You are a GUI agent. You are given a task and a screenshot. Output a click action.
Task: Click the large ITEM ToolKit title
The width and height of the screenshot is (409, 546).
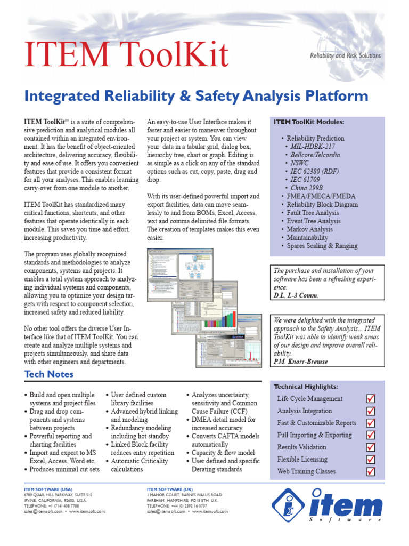click(127, 55)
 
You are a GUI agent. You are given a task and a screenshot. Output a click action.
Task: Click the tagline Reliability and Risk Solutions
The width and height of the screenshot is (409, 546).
click(345, 55)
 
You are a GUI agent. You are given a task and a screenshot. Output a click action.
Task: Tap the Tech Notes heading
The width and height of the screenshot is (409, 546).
click(49, 374)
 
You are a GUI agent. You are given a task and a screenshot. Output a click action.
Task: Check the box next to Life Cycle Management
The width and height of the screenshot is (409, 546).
click(371, 398)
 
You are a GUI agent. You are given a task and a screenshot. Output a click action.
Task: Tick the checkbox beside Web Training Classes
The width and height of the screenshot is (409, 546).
click(371, 471)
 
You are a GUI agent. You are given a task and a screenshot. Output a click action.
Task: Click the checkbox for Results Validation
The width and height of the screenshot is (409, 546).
click(371, 447)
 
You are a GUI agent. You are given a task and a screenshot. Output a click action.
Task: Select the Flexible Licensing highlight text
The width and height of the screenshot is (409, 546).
click(302, 459)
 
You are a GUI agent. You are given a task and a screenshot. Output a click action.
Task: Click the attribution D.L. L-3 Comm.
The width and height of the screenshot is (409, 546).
click(296, 295)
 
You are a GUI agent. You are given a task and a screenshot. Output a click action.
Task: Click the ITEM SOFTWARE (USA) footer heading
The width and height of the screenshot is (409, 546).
click(48, 488)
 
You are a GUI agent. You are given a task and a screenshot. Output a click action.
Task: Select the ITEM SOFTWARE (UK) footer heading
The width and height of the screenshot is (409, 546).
click(170, 488)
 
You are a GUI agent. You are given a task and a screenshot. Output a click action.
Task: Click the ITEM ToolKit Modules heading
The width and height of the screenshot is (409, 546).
click(309, 122)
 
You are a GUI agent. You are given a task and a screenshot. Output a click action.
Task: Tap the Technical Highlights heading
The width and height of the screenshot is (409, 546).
click(306, 387)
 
